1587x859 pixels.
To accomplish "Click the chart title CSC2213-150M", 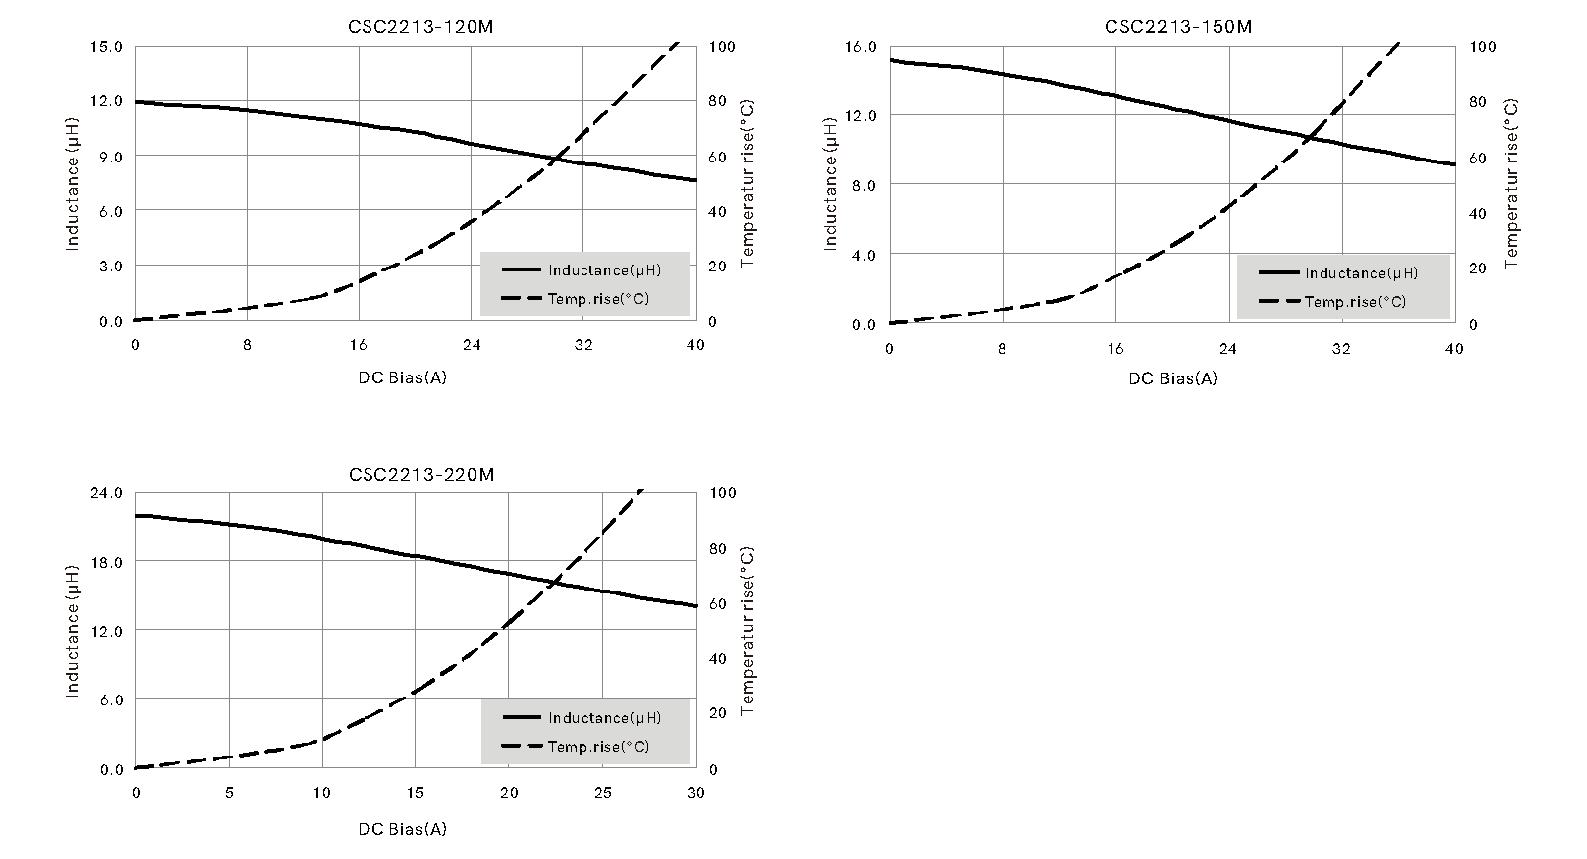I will (x=1178, y=27).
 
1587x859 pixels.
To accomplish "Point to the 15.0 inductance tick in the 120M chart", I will (x=106, y=47).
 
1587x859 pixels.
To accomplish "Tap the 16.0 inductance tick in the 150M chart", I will (x=860, y=47).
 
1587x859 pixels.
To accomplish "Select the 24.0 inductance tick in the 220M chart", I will (x=106, y=493).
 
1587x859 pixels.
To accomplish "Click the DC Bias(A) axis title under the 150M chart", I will (x=1172, y=378).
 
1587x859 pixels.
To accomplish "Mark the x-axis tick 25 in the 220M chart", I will (x=602, y=793).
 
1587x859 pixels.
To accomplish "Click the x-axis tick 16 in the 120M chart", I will (x=359, y=345).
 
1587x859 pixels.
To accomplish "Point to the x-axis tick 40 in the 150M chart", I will (x=1454, y=349).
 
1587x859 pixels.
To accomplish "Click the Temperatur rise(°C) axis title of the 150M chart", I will (x=1511, y=183).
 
